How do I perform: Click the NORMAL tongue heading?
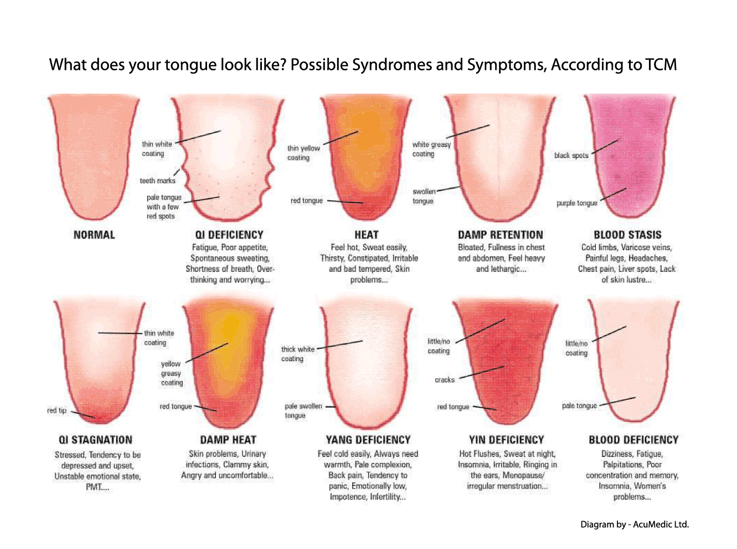(x=94, y=235)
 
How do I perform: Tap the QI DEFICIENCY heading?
(x=229, y=235)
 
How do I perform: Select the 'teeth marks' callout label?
(x=157, y=181)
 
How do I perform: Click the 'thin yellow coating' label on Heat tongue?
(x=303, y=153)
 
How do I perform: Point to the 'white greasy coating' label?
(x=431, y=149)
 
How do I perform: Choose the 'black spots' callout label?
(x=571, y=155)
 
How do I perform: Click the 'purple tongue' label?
(x=576, y=203)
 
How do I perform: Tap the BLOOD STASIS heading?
(x=627, y=235)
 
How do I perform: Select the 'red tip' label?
(x=56, y=410)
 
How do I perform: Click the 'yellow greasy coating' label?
(x=171, y=373)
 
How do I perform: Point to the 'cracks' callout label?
(x=444, y=380)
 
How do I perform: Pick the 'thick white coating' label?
(x=297, y=354)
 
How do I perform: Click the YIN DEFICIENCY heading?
(x=506, y=440)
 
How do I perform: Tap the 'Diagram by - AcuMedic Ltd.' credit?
(x=634, y=524)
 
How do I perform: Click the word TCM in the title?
(x=661, y=65)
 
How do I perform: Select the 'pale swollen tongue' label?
(x=303, y=410)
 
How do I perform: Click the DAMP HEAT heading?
(x=228, y=440)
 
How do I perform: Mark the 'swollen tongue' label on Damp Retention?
(x=424, y=196)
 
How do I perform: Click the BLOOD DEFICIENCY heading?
(x=633, y=440)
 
